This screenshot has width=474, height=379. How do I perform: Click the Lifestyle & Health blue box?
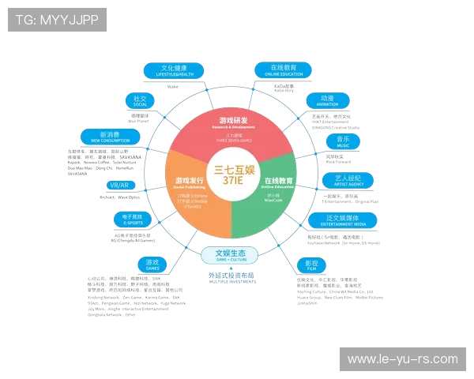pos(173,70)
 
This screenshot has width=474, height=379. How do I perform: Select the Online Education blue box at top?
pos(283,70)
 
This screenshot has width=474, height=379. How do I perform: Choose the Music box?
pos(343,141)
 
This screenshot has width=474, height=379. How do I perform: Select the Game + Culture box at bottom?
pos(229,255)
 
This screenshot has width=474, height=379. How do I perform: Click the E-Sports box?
pos(131,220)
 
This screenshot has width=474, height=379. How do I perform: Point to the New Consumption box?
pos(110,136)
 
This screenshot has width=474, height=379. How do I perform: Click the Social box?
pos(140,101)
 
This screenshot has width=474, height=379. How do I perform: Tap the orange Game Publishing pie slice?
pos(190,193)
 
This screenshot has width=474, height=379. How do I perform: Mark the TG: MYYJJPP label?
pos(57,20)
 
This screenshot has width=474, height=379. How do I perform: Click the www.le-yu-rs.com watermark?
pos(402,359)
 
